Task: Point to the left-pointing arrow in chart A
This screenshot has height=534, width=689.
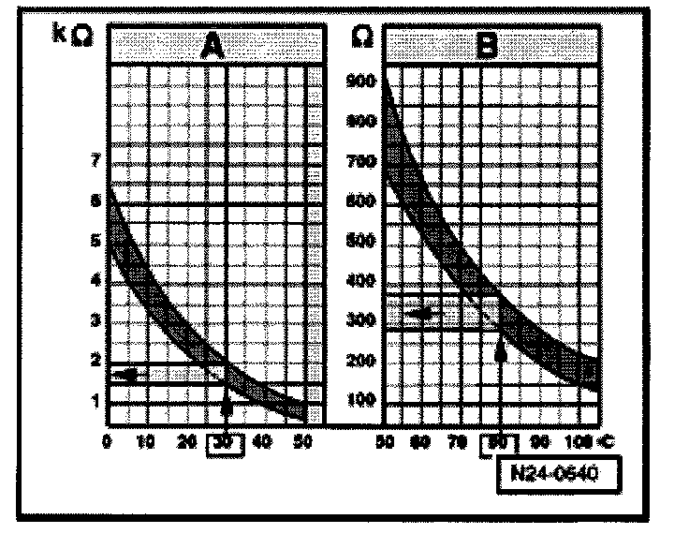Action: pyautogui.click(x=126, y=374)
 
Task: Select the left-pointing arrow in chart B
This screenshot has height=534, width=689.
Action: pyautogui.click(x=422, y=314)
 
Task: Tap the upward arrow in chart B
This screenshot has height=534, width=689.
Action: pyautogui.click(x=499, y=350)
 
